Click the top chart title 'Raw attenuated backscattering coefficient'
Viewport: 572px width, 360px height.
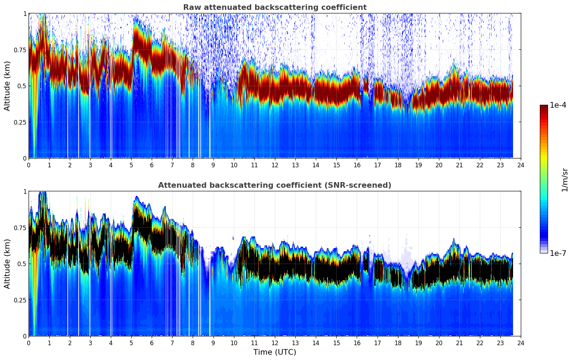[275, 7]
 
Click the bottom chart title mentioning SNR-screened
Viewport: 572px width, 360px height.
[275, 185]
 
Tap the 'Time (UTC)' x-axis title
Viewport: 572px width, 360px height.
[275, 352]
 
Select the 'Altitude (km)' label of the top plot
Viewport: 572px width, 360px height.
[7, 86]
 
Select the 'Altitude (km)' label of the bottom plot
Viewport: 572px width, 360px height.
[7, 264]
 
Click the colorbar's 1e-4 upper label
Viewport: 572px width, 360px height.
[558, 105]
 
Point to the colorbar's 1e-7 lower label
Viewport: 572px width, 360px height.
[558, 253]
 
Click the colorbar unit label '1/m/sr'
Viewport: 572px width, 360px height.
[565, 180]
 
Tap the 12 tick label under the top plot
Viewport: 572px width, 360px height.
[275, 165]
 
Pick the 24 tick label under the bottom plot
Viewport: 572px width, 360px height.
[521, 343]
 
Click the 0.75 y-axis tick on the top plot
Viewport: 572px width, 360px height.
[20, 50]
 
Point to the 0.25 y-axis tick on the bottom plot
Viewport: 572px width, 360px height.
[20, 300]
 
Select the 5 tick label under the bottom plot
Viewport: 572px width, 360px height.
[131, 343]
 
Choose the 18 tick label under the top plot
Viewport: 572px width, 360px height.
[398, 165]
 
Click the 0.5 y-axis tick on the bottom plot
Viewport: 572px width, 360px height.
[22, 264]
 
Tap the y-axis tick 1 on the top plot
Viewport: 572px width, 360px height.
[25, 13]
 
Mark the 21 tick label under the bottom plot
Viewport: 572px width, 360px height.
[459, 343]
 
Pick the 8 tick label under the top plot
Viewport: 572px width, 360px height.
[193, 165]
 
